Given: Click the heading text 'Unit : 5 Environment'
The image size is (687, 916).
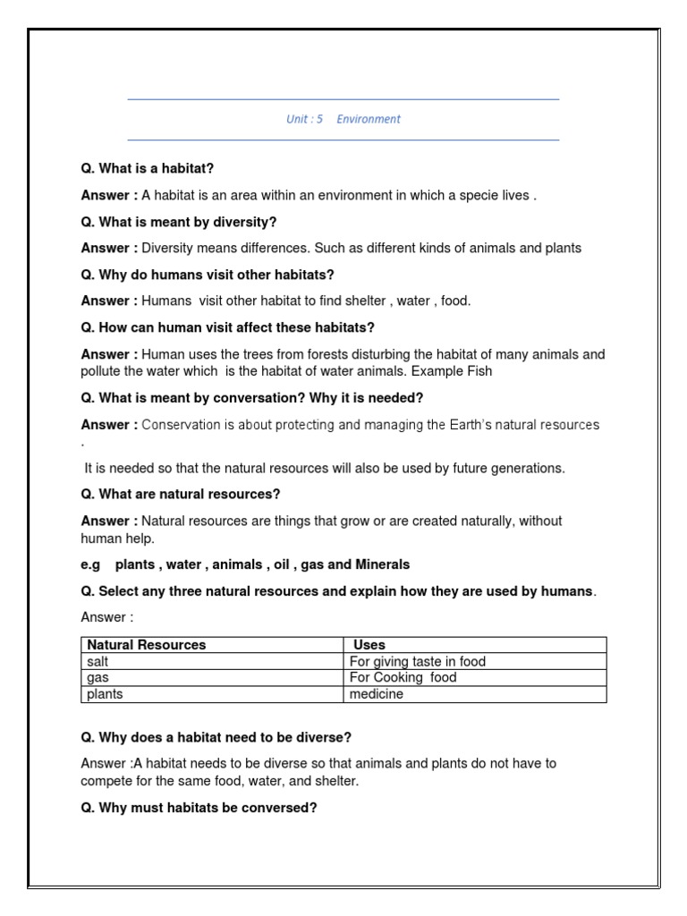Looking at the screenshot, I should point(343,119).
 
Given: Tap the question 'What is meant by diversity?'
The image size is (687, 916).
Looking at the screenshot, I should point(179,221).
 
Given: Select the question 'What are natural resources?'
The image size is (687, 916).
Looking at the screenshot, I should point(181,494).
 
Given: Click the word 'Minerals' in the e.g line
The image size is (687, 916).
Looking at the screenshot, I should point(383,564).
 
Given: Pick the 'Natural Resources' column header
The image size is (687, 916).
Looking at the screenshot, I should point(147,644).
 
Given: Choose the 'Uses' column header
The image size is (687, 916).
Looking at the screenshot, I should point(369,644).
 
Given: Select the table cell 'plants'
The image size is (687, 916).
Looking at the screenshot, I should point(105,694).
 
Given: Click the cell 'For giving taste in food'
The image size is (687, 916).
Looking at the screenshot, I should point(418,661).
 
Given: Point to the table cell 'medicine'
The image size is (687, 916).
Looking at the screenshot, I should point(377,694).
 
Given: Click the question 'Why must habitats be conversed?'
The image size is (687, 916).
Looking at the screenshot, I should point(199,808).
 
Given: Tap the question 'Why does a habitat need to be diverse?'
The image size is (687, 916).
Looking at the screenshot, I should point(216,737).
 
